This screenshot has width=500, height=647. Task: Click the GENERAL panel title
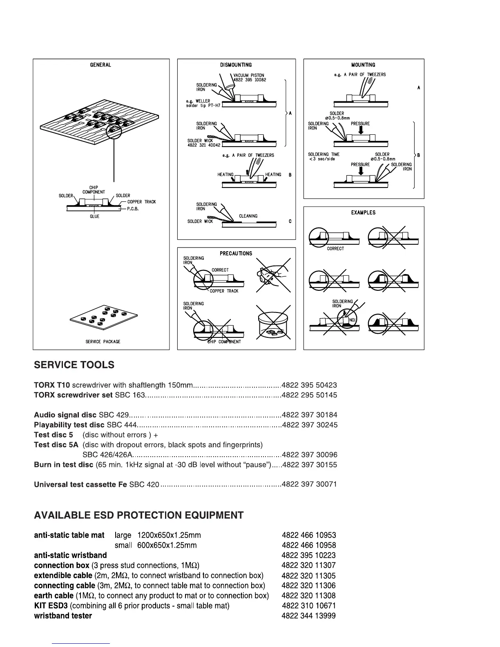pos(100,65)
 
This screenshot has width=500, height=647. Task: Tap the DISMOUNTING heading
pos(236,65)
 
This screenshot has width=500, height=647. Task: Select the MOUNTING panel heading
pos(363,65)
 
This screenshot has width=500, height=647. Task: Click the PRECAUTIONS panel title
pos(236,253)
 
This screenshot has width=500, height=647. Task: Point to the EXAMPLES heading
pos(363,212)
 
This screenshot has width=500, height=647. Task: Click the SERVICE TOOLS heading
pos(74,365)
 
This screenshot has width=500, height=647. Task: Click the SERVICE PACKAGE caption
pos(103,341)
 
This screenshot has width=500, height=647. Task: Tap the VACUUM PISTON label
pos(249,75)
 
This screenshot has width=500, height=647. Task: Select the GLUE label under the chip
pos(95,216)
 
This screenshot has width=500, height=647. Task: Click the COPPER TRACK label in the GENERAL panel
pos(141,202)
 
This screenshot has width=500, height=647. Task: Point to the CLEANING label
pos(248,216)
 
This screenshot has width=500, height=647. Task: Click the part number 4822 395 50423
pos(309,385)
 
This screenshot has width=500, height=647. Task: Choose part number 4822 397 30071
pos(309,484)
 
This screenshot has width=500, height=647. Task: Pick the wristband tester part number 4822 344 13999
pos(309,616)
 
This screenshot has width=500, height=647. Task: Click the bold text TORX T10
pos(52,385)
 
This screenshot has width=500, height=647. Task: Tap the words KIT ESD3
pos(51,606)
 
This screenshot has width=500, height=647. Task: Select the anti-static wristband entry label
pos(70,555)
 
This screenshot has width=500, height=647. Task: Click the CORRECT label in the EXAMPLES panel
pos(335,248)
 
